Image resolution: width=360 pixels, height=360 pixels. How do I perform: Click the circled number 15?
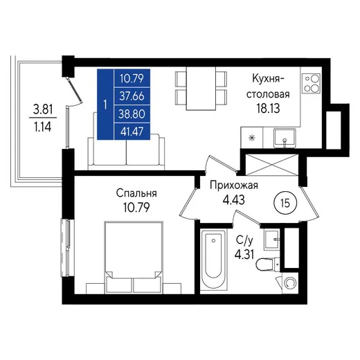coord(285,204)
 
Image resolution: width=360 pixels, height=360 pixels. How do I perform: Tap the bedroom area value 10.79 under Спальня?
coord(136,208)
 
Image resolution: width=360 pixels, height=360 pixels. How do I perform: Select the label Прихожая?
coord(234,186)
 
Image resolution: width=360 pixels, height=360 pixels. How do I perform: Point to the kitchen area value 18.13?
coord(269,108)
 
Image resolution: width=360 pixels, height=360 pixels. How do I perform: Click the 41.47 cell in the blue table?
coord(132,132)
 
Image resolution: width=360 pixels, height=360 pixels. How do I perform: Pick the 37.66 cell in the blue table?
coord(132,96)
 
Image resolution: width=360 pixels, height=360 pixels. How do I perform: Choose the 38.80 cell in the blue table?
coord(132,114)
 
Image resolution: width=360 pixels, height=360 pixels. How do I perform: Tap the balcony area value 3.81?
coord(43,109)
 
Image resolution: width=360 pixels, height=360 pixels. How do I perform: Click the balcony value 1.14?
coord(43,127)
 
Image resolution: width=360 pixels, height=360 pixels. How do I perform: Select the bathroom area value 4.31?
coord(244,255)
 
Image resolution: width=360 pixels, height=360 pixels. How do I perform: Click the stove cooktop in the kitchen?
coord(312,83)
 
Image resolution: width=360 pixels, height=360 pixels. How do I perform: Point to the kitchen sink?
coord(285,138)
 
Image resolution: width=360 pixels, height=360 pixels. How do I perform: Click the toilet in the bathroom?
coord(268,264)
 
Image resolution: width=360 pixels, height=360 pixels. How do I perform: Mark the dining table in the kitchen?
coord(201,89)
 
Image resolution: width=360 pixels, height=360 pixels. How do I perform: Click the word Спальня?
coord(136,193)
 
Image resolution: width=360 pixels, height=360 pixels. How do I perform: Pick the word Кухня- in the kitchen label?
coord(269,79)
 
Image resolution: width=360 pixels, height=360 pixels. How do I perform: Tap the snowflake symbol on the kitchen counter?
coord(252,138)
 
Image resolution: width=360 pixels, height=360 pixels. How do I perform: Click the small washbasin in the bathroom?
coord(272,240)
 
